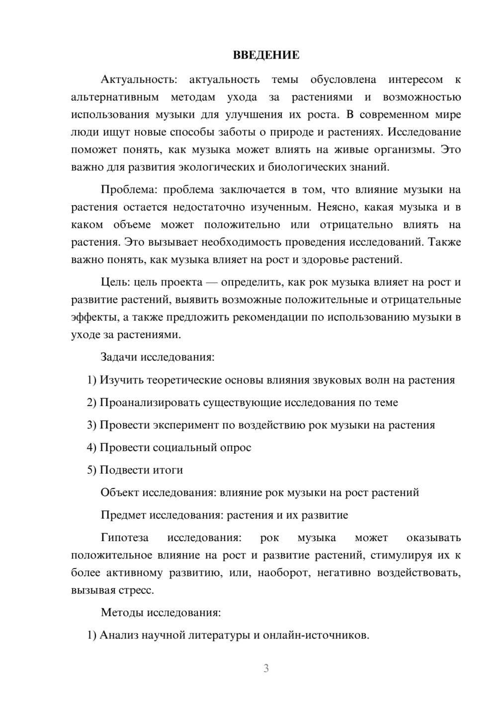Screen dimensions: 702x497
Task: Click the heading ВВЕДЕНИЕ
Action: [266, 55]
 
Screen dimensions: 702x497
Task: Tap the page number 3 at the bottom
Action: [266, 668]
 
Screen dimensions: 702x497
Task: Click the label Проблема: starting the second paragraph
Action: [129, 190]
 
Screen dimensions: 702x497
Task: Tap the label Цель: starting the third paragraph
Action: [115, 282]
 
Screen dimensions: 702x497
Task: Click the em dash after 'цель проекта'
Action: [212, 282]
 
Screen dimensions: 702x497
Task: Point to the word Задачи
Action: [119, 357]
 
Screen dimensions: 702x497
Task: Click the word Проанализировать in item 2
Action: [150, 403]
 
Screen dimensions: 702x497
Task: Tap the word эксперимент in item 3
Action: [190, 425]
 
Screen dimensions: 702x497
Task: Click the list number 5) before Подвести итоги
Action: [91, 470]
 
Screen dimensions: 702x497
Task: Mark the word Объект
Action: [120, 492]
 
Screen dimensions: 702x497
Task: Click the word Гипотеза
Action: [125, 538]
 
